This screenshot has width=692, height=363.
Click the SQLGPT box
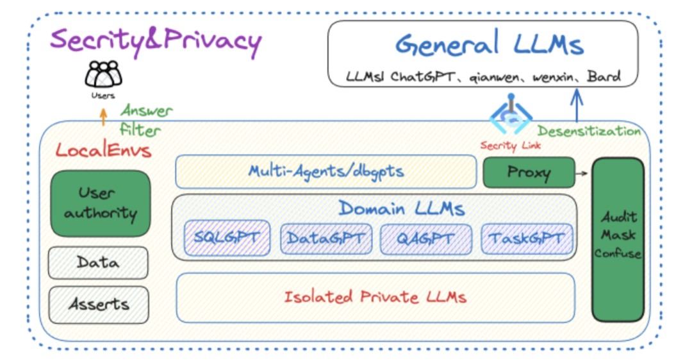[227, 238]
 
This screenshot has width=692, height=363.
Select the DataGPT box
[326, 239]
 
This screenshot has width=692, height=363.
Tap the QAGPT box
[426, 239]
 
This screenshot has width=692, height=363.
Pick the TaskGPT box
[527, 239]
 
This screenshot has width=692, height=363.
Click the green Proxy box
[529, 173]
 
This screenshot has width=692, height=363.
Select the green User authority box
[101, 203]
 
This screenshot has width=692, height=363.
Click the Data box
[98, 263]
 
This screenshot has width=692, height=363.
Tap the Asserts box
[99, 305]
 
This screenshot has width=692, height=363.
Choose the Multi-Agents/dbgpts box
[325, 171]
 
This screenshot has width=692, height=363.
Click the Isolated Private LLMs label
[375, 297]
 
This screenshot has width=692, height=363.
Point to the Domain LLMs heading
[402, 208]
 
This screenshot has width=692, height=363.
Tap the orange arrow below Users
[103, 117]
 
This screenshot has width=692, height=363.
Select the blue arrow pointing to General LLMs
[577, 105]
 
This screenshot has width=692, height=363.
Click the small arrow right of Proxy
[582, 173]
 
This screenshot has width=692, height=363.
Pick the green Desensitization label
[589, 131]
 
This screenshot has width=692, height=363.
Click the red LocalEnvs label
[103, 150]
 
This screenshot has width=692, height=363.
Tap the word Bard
[604, 76]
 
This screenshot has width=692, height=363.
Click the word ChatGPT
[423, 77]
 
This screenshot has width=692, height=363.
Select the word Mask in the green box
[618, 235]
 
